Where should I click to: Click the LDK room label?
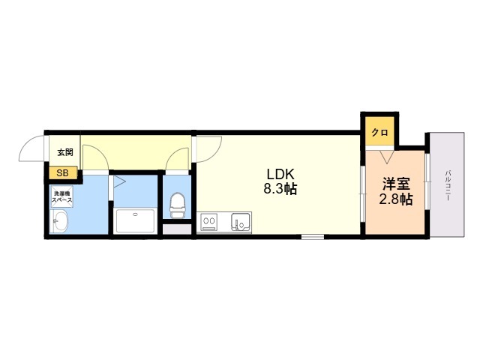click(280, 174)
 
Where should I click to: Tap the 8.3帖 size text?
click(280, 188)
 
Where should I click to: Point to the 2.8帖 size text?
click(396, 199)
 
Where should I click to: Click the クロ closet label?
click(379, 133)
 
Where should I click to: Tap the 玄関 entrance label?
click(65, 152)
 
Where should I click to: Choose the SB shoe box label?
click(62, 173)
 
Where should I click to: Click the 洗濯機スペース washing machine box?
click(62, 196)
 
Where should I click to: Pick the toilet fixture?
click(178, 205)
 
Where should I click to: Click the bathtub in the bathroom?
click(135, 220)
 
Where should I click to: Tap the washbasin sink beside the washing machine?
click(60, 221)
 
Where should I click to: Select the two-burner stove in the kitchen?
click(209, 221)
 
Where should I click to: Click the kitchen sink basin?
click(241, 221)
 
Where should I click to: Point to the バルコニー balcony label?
click(448, 185)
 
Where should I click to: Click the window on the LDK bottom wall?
click(313, 236)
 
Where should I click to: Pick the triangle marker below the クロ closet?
click(386, 157)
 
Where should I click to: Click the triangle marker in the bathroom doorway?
click(119, 181)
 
